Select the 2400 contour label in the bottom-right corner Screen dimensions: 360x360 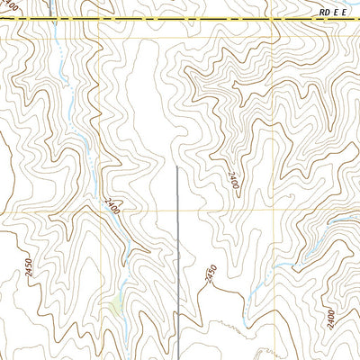[331, 319]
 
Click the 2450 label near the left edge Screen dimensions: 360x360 [27, 269]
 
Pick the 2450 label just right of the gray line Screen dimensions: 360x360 [211, 274]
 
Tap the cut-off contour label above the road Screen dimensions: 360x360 [10, 8]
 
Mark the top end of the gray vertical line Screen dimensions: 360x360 [176, 166]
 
